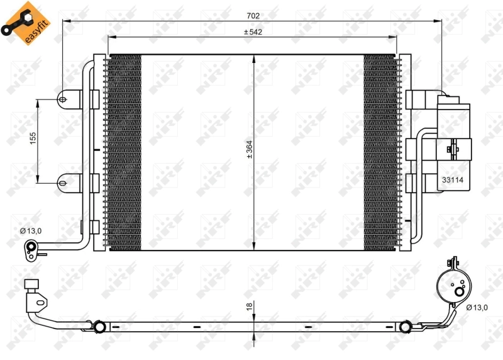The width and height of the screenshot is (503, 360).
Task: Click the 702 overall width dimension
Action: point(253,15)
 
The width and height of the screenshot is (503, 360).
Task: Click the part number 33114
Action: point(453,179)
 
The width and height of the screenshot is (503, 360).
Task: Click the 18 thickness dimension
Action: point(249,307)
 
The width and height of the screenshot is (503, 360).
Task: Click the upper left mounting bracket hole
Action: point(63,98)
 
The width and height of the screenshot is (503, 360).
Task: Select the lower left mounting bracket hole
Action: point(63,183)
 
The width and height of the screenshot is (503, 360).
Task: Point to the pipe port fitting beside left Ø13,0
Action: point(30,249)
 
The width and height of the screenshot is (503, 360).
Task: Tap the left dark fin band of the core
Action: point(124,151)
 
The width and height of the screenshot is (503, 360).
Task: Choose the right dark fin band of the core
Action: point(380,151)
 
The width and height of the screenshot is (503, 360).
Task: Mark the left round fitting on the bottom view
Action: point(99,326)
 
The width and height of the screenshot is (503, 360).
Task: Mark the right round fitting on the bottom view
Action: point(406,326)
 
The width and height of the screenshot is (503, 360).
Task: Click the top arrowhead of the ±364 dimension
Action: point(253,58)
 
